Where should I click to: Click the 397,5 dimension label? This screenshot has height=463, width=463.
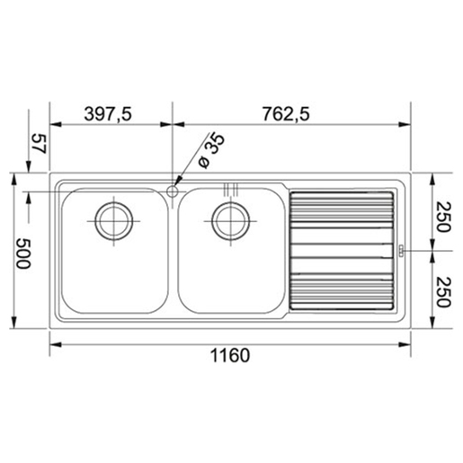(108, 114)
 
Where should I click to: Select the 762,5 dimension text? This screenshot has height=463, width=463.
(286, 114)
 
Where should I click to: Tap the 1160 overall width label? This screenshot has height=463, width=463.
(230, 355)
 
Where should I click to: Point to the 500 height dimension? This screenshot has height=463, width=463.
(23, 254)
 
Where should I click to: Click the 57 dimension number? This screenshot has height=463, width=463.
(40, 144)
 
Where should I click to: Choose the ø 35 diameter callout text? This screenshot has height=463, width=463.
(211, 150)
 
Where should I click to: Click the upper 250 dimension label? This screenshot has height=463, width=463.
(443, 217)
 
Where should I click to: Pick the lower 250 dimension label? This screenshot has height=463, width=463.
(443, 292)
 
